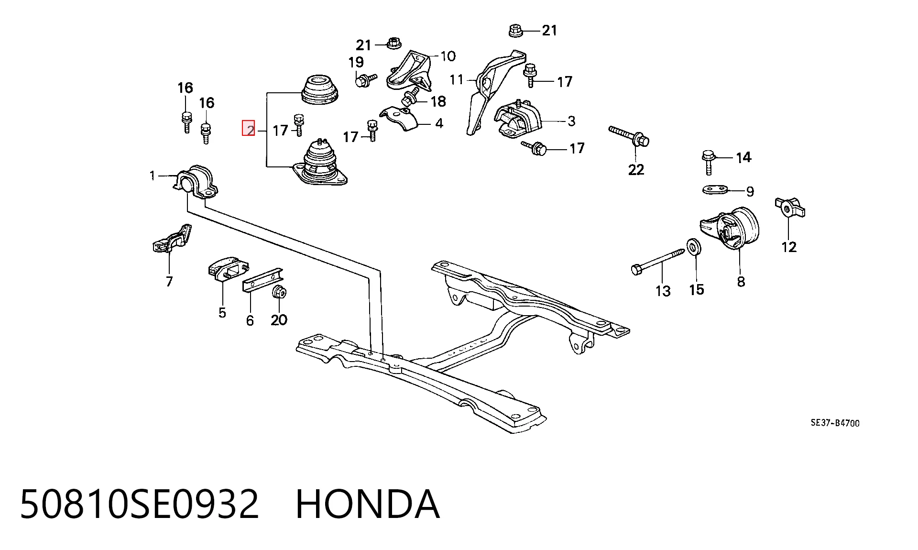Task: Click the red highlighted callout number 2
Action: click(x=249, y=128)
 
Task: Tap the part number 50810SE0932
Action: click(x=139, y=504)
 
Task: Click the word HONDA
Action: click(x=367, y=504)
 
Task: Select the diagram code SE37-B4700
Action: click(x=835, y=423)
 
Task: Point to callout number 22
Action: click(x=636, y=169)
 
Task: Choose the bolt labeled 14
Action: click(x=708, y=161)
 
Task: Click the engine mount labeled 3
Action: click(x=518, y=120)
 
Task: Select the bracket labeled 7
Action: click(x=171, y=240)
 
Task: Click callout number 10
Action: click(x=448, y=56)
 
